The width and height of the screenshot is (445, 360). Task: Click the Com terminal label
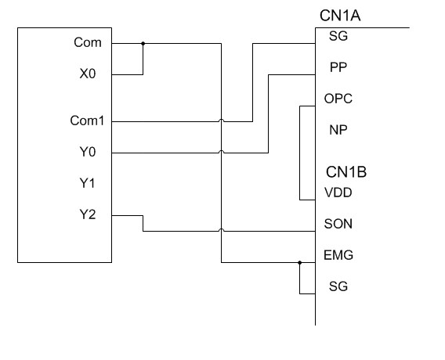(x=88, y=42)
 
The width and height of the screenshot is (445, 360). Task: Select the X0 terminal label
(x=88, y=74)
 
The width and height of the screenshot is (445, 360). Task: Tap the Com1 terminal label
(x=87, y=121)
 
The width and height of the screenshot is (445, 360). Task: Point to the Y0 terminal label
(x=88, y=152)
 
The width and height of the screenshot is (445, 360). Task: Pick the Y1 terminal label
(x=87, y=183)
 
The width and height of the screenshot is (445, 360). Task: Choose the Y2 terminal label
(x=88, y=214)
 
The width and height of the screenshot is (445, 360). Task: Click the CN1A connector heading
(x=340, y=16)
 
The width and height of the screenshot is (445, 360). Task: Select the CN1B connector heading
(x=346, y=172)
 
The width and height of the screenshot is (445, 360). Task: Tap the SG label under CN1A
(x=338, y=36)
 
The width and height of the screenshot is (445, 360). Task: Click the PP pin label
(x=338, y=67)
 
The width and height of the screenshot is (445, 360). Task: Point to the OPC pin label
(x=338, y=99)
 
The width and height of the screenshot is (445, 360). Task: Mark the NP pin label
(x=338, y=130)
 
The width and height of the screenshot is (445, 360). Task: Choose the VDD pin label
(x=338, y=193)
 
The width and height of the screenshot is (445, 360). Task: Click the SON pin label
(x=338, y=224)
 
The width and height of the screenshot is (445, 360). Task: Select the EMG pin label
(x=338, y=255)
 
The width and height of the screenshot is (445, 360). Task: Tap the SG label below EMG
(x=338, y=286)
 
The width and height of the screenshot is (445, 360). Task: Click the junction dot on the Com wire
(x=143, y=44)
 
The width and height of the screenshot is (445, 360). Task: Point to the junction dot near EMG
(x=300, y=263)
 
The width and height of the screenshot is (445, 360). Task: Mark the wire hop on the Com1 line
(x=222, y=121)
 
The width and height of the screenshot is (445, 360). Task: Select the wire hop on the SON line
(x=222, y=230)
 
